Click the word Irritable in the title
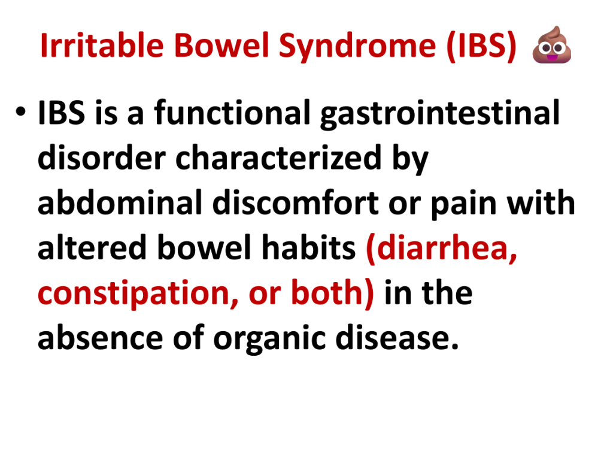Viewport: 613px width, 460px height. [x=102, y=45]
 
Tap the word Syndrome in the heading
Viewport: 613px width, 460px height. [x=357, y=47]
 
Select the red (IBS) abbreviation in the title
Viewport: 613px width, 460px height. [x=481, y=46]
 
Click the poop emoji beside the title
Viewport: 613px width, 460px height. [x=552, y=44]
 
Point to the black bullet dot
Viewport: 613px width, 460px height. [x=21, y=112]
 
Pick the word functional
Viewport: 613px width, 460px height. [x=232, y=113]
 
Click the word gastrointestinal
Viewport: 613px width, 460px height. [x=440, y=114]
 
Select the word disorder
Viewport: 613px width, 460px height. [x=102, y=158]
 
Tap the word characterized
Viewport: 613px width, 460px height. [x=278, y=158]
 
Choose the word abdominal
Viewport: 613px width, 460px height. [x=120, y=202]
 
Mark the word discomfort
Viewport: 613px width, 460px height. [x=296, y=202]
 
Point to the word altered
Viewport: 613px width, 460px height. [x=92, y=247]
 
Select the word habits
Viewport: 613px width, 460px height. [x=308, y=247]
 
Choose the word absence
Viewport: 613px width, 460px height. [x=100, y=338]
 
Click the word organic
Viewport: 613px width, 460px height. [x=269, y=339]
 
